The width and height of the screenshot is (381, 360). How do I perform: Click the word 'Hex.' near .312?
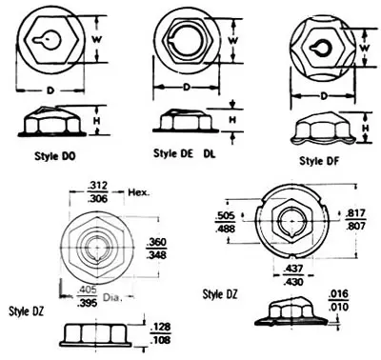pos(140,191)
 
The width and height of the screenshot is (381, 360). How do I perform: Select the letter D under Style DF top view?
pos(324,96)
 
